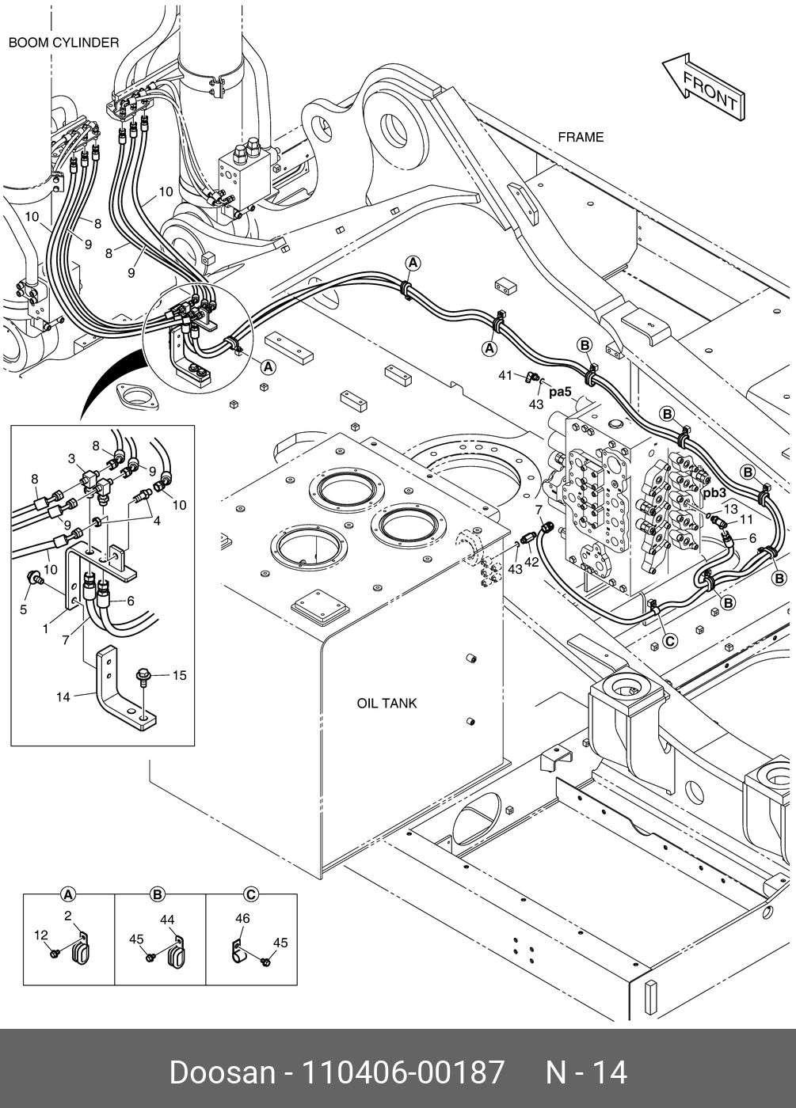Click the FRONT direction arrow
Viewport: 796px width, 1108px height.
(x=704, y=86)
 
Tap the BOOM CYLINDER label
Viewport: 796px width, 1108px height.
(x=63, y=43)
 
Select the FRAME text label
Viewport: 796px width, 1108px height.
(x=581, y=137)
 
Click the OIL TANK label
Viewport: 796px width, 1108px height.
(x=387, y=703)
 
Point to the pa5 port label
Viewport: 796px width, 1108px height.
(x=560, y=391)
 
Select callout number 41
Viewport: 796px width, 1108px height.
(x=506, y=375)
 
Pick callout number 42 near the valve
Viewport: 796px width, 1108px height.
(x=531, y=562)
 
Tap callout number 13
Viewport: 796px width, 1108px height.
(x=730, y=509)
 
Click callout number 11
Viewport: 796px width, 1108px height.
(x=746, y=519)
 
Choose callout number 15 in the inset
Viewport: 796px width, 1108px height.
(x=180, y=675)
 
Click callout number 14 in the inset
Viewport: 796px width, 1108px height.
(x=63, y=696)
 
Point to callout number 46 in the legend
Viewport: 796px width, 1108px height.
(x=242, y=918)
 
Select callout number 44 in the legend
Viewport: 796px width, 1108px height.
(x=167, y=920)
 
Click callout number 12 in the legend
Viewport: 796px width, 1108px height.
(x=41, y=935)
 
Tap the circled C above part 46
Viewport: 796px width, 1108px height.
(x=250, y=895)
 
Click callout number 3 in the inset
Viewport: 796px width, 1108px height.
(x=71, y=459)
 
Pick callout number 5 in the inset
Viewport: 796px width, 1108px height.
(x=24, y=609)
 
